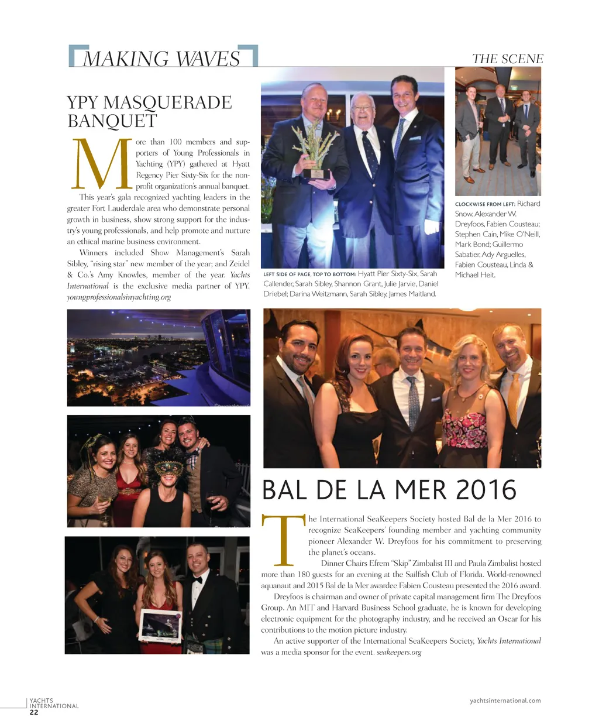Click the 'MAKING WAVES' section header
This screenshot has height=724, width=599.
(x=161, y=59)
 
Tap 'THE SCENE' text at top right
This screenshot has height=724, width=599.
(x=507, y=59)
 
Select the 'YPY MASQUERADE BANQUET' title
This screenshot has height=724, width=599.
(x=149, y=111)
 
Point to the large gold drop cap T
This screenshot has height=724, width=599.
(x=283, y=538)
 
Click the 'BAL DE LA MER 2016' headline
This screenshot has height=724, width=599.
(x=389, y=490)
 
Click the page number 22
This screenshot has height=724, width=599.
(x=34, y=712)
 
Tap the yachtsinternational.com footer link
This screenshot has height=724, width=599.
(x=505, y=701)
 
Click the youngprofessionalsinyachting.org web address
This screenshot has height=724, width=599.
(x=119, y=297)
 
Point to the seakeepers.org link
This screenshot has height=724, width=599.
(x=399, y=652)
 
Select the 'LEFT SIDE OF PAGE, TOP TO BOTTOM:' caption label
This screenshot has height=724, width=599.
(x=309, y=274)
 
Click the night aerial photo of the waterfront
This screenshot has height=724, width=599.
(x=159, y=357)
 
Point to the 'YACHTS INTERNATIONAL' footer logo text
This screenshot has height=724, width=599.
(x=53, y=703)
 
